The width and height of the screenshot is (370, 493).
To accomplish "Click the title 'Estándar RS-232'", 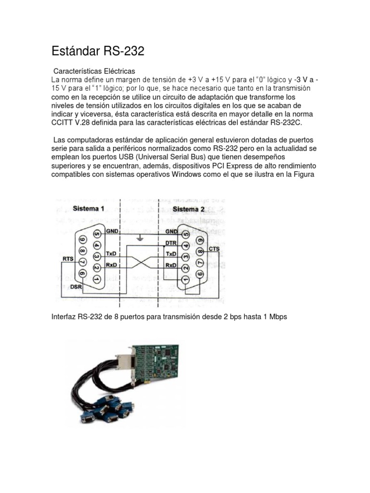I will (98, 51).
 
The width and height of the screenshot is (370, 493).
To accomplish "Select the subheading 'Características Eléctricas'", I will (94, 71).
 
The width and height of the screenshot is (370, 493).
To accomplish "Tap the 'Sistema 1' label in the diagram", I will (88, 208).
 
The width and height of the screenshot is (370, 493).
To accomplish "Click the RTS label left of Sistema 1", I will (67, 259).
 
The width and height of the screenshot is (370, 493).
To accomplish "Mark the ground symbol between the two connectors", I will (140, 238).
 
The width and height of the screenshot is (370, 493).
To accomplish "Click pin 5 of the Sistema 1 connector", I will (97, 234).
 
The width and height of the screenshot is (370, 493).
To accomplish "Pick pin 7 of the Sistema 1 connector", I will (82, 261).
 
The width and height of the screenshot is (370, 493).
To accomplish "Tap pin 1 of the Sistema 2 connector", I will (184, 279).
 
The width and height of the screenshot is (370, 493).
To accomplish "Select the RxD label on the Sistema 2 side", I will (171, 265).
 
